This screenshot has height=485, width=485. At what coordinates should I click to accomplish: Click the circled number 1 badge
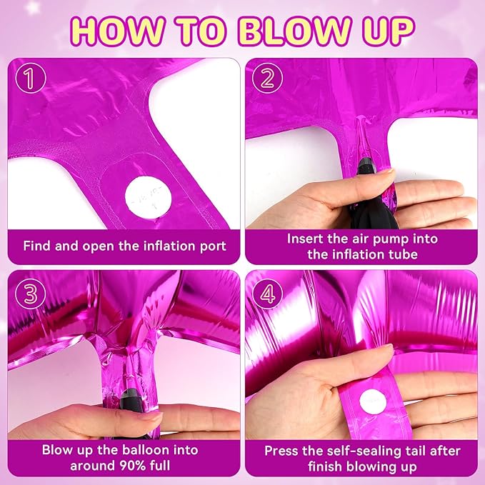(30, 78)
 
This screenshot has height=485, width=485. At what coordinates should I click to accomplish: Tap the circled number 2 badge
(267, 78)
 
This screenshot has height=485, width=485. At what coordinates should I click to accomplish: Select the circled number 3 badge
(30, 294)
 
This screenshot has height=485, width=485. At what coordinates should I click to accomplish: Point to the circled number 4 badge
(267, 294)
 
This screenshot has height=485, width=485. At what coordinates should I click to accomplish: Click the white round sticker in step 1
(148, 196)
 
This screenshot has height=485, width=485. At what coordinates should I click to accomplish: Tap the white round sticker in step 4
(373, 402)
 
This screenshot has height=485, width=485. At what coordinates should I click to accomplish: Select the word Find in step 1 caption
(36, 246)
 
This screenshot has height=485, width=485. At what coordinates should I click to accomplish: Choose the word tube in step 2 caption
(404, 254)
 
